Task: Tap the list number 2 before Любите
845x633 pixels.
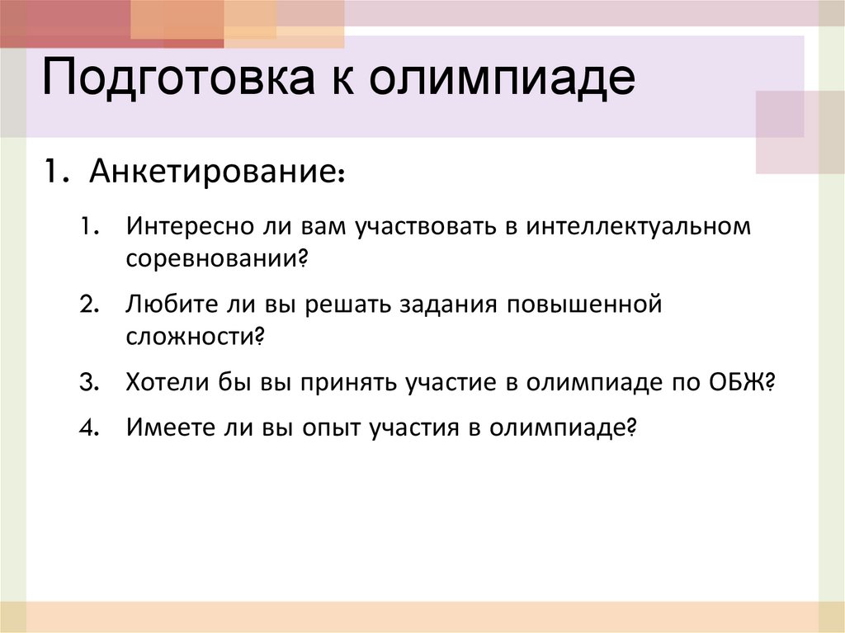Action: click(89, 305)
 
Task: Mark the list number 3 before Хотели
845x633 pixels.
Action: click(89, 383)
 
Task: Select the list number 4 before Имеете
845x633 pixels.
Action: click(89, 428)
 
